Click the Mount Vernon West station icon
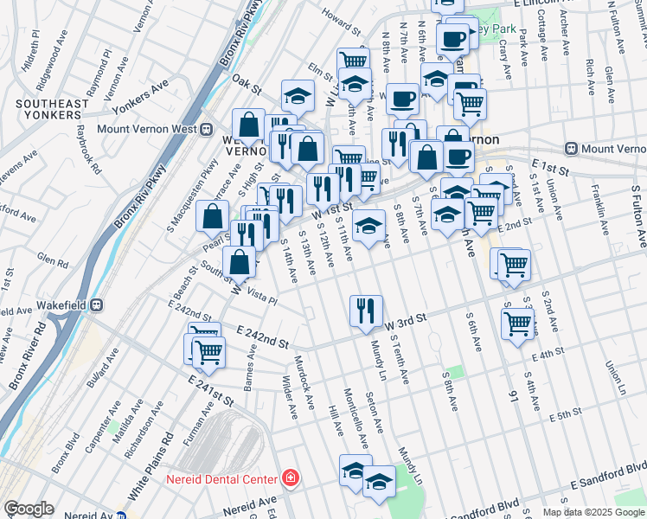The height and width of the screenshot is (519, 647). point(207,130)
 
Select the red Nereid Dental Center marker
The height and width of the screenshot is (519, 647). point(291,478)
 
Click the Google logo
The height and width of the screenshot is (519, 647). point(29,509)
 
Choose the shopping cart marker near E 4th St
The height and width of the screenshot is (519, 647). point(517,325)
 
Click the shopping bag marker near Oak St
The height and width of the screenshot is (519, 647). point(248,126)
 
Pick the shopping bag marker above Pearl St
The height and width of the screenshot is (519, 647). point(212,218)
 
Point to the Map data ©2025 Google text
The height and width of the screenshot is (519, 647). point(592,512)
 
